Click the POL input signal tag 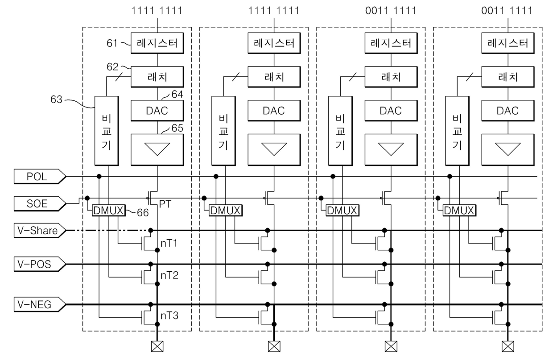pos(40,176)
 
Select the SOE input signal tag pos(40,204)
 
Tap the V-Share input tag pos(40,231)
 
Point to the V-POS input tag pos(40,264)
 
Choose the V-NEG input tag pos(40,304)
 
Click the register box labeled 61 pos(157,43)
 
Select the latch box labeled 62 pos(157,77)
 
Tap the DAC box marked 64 pos(157,111)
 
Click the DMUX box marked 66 pos(109,211)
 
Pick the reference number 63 pos(56,99)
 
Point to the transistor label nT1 pos(169,244)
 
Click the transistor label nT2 pos(169,275)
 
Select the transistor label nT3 pos(169,315)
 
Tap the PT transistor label pos(165,204)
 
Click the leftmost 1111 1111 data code pos(157,11)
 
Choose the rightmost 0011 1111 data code pos(507,11)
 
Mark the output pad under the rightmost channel pos(508,347)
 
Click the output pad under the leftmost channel pos(157,347)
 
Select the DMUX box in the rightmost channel pos(459,211)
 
